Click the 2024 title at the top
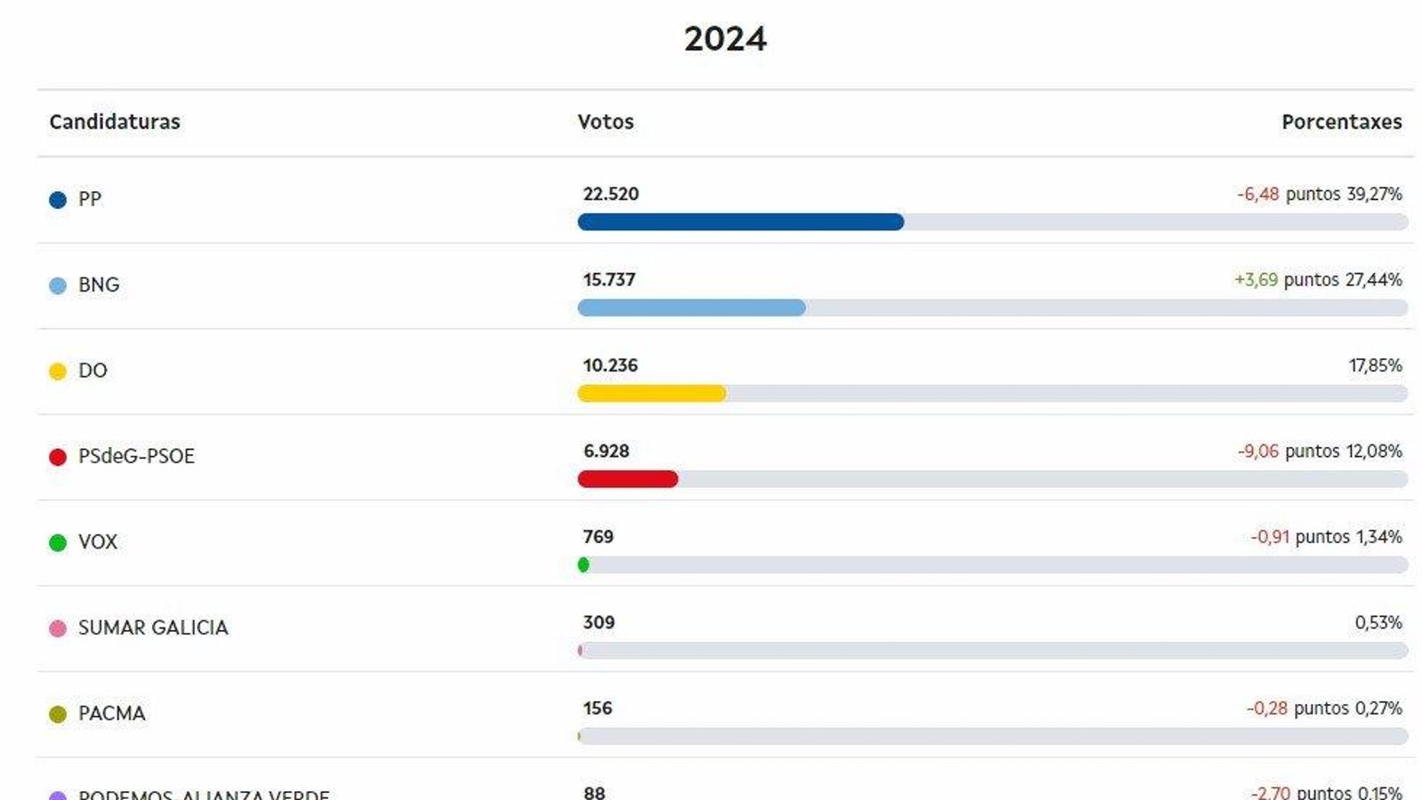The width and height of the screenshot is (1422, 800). (725, 39)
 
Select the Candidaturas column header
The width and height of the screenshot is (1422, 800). (115, 122)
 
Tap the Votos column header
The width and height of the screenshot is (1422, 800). (605, 122)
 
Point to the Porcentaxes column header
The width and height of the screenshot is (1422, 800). (1341, 122)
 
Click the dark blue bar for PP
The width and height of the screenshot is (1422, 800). (740, 222)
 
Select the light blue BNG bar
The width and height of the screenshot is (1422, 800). (691, 308)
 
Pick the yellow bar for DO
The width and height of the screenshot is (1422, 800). (651, 394)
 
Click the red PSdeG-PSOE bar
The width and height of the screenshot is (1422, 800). (627, 479)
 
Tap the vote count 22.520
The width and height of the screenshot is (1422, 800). (611, 194)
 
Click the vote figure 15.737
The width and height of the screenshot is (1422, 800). (609, 279)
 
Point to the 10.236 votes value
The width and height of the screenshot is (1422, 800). (610, 365)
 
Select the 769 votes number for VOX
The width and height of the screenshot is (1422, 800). (598, 537)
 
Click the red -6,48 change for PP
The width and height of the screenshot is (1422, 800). (1258, 194)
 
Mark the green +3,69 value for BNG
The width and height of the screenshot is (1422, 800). (1256, 279)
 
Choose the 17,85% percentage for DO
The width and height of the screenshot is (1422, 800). (1375, 365)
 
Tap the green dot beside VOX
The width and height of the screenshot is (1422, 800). (58, 542)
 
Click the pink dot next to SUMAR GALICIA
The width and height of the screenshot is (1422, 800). (58, 628)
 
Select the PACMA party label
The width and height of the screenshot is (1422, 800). (111, 714)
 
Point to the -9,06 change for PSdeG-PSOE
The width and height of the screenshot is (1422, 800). (1258, 451)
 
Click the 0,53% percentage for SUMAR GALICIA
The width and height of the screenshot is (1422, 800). (1378, 622)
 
